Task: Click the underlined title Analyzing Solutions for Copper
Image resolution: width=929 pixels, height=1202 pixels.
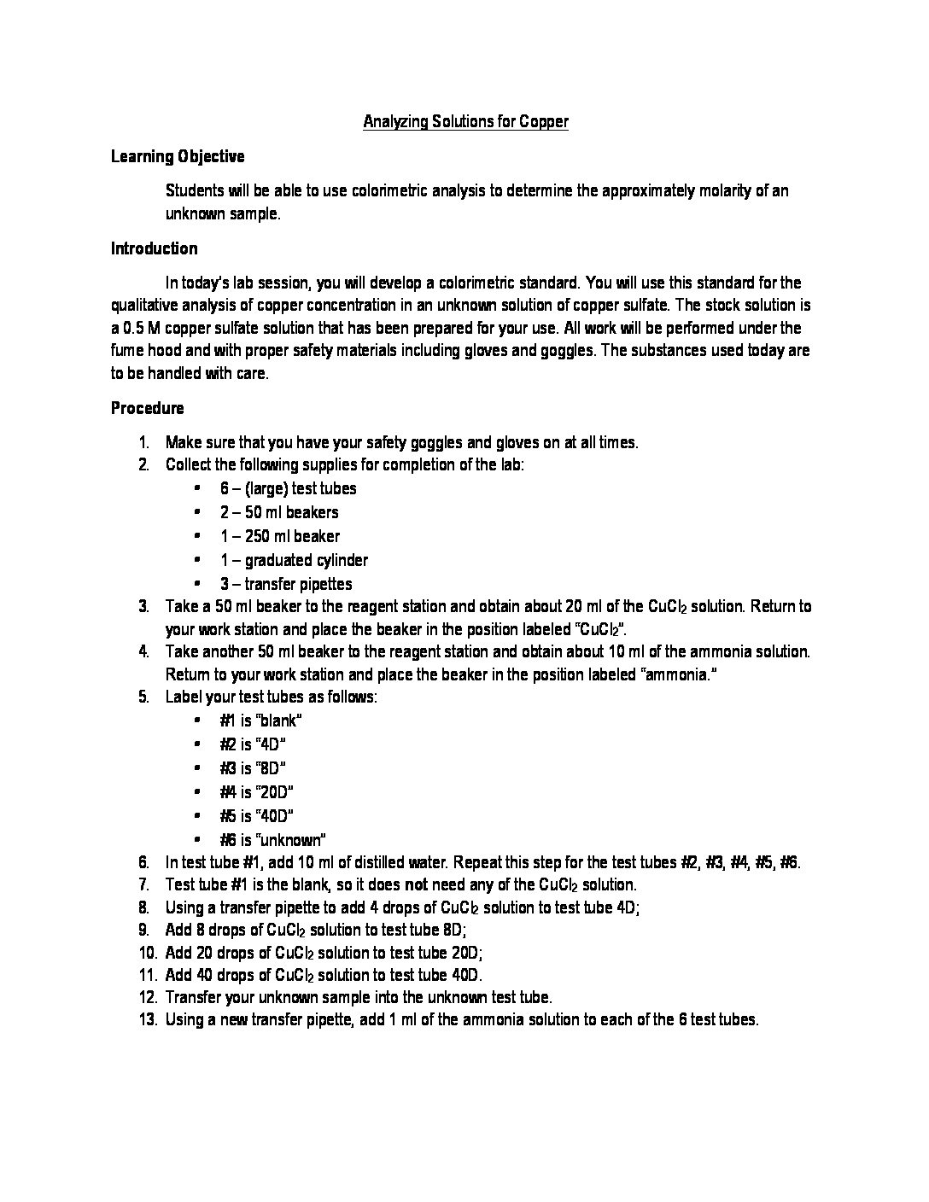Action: (x=465, y=122)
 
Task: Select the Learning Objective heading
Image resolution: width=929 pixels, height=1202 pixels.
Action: (x=178, y=156)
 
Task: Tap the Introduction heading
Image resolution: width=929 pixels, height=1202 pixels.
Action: (x=154, y=248)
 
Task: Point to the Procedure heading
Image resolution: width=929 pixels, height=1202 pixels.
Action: (x=147, y=408)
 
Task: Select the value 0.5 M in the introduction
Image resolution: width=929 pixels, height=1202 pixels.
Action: (x=139, y=328)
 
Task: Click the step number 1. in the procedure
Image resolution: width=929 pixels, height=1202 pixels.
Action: (x=145, y=442)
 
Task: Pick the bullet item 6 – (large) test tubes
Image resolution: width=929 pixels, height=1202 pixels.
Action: (x=288, y=488)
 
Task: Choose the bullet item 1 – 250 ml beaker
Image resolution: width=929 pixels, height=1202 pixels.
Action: (x=279, y=536)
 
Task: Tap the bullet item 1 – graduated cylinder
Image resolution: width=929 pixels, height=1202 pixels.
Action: (x=294, y=560)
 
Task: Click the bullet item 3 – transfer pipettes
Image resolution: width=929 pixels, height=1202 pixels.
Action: (x=286, y=584)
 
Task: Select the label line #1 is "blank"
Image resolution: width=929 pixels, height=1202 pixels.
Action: (x=260, y=721)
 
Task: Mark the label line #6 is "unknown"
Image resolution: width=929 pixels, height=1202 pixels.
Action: (x=273, y=840)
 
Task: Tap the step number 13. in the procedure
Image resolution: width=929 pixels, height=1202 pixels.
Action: (x=147, y=1018)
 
